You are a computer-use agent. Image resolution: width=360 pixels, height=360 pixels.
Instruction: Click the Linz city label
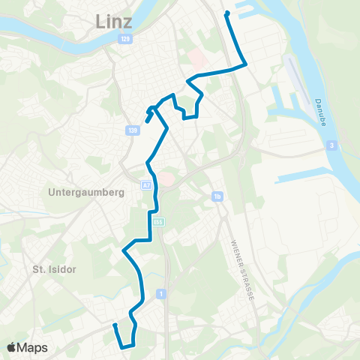(x=115, y=23)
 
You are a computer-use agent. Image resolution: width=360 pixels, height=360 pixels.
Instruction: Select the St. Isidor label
(x=51, y=268)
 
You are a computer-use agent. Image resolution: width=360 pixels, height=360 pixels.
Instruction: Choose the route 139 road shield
(x=133, y=130)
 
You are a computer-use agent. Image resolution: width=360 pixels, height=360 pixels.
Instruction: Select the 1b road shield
(x=217, y=197)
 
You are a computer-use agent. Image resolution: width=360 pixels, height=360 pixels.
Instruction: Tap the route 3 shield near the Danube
(x=331, y=145)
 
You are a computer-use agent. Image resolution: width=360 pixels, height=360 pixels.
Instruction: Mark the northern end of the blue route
(x=226, y=13)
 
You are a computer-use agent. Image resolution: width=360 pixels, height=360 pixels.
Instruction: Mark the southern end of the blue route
(x=115, y=325)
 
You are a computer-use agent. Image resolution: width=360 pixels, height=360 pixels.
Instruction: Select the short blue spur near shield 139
(x=148, y=118)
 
